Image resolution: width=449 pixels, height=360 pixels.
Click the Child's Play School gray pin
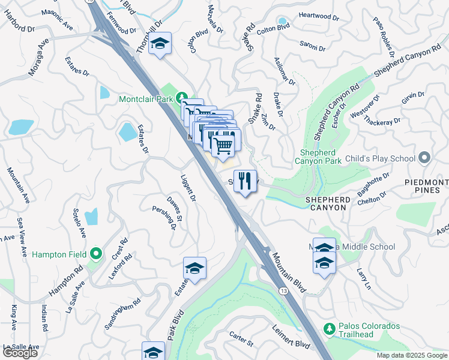(x=425, y=158)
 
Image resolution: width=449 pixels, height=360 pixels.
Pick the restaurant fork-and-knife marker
(x=244, y=181)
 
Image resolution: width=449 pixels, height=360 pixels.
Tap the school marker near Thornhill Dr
(x=160, y=44)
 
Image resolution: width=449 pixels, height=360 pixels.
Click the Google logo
(x=20, y=353)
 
